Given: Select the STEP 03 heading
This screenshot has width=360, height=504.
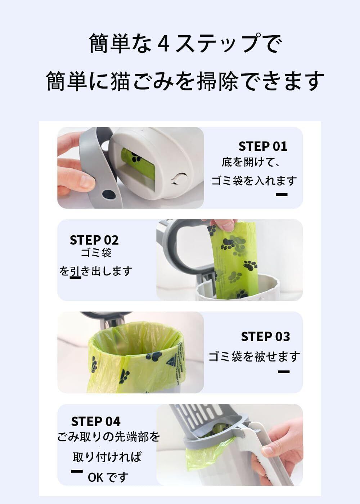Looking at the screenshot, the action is tap(266, 337).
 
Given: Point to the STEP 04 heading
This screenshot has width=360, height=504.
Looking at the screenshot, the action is tap(96, 422).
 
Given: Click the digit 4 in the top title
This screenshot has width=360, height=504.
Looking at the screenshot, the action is tap(163, 44).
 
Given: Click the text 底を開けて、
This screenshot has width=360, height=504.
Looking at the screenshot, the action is tap(251, 162).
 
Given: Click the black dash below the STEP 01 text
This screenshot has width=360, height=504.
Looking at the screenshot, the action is tap(282, 194).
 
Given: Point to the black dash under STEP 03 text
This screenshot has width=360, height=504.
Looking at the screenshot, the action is tap(284, 372).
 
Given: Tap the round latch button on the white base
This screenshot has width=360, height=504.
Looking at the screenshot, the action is tap(179, 179).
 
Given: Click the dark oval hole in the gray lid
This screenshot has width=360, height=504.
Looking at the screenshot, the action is tap(108, 193).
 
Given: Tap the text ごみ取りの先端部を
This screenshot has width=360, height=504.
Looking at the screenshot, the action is tap(108, 437).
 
